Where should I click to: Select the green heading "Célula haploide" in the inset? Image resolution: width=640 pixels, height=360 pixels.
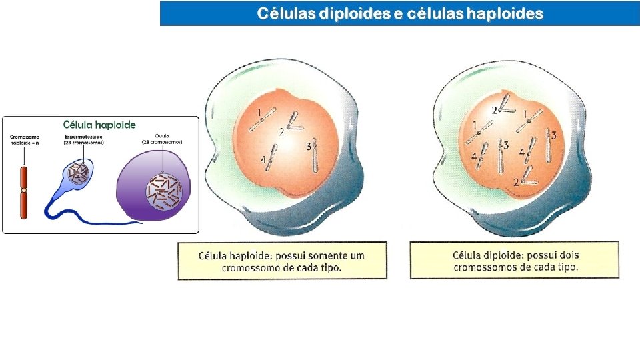point(99,124)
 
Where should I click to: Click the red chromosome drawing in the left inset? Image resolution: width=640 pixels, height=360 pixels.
point(23,193)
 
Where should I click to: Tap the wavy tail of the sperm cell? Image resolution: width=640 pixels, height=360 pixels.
point(93,217)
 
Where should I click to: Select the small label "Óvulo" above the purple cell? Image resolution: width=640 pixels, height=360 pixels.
point(162,135)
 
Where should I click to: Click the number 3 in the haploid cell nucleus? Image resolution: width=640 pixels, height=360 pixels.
point(309,145)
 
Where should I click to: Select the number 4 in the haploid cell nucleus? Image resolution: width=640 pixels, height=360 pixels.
point(263,160)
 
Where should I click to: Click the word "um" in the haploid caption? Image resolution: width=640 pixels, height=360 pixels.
point(358,255)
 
